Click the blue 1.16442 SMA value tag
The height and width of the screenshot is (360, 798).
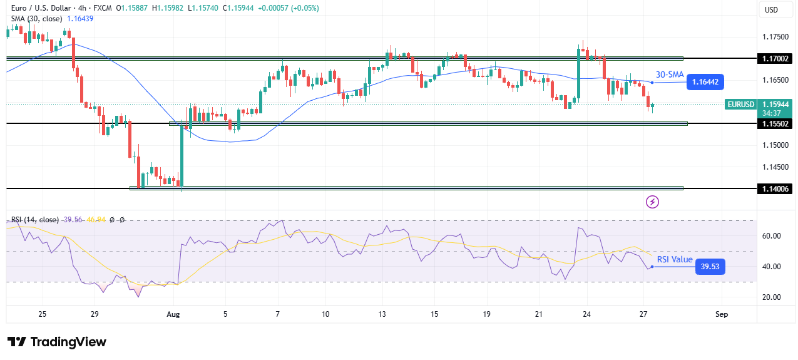click(x=706, y=81)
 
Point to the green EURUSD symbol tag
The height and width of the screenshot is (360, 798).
click(x=739, y=105)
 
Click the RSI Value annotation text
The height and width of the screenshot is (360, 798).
click(x=675, y=259)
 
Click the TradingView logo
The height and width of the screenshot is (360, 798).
click(x=56, y=342)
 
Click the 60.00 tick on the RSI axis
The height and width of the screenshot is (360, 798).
click(x=771, y=236)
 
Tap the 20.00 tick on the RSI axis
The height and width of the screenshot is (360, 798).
click(x=771, y=297)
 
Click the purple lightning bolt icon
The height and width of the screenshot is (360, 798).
click(x=652, y=202)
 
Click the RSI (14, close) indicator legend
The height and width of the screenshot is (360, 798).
click(x=34, y=220)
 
